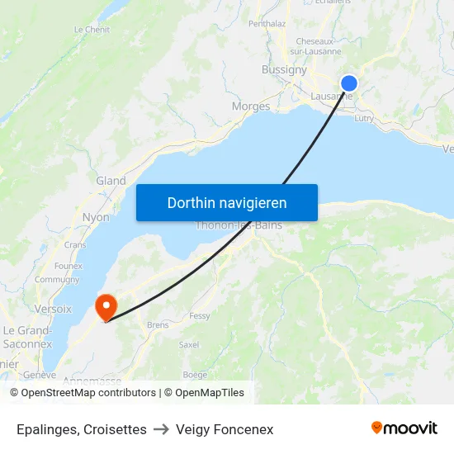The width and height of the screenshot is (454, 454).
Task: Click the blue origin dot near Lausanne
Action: pyautogui.click(x=349, y=83)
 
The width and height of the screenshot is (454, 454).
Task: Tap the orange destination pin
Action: pyautogui.click(x=106, y=307)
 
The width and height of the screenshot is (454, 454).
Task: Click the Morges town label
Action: pyautogui.click(x=251, y=106)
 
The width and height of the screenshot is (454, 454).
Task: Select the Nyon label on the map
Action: pyautogui.click(x=96, y=217)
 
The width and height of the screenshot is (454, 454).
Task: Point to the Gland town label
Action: pyautogui.click(x=111, y=181)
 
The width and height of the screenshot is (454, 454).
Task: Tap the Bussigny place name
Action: pyautogui.click(x=284, y=70)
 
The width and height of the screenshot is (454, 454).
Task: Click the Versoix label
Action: pyautogui.click(x=53, y=309)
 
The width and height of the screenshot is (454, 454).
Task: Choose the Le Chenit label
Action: pyautogui.click(x=92, y=30)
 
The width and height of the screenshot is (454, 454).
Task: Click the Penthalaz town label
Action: pyautogui.click(x=267, y=24)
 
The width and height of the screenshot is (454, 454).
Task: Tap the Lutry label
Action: pyautogui.click(x=364, y=118)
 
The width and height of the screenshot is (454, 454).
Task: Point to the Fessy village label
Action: pyautogui.click(x=200, y=316)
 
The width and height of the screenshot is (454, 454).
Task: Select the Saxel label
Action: pyautogui.click(x=189, y=344)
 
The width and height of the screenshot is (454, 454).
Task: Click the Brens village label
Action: pyautogui.click(x=158, y=325)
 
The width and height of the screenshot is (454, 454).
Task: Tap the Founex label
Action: pyautogui.click(x=68, y=266)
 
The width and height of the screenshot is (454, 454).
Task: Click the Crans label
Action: pyautogui.click(x=75, y=244)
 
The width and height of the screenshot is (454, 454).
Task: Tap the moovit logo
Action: pyautogui.click(x=404, y=428)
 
